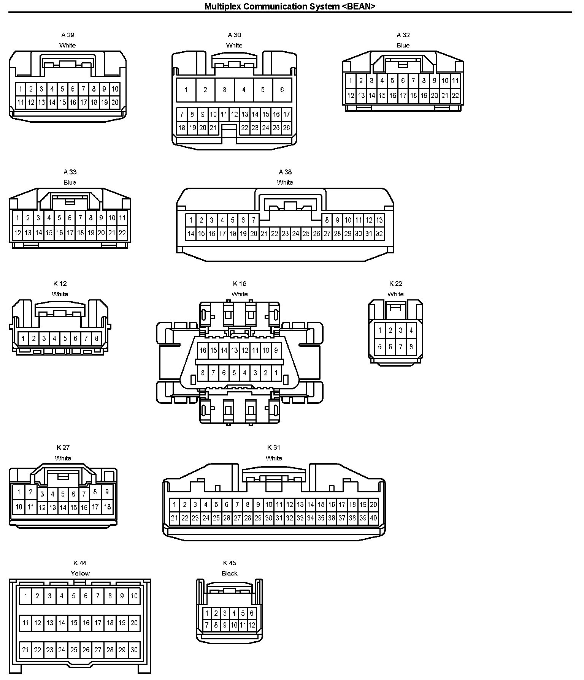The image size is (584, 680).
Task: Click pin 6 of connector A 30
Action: [x=282, y=90]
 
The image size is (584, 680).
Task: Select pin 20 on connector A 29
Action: [x=115, y=102]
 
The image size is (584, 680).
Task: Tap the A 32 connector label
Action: [x=403, y=35]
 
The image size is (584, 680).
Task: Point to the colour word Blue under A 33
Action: [x=70, y=182]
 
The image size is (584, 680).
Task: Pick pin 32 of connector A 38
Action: [x=379, y=234]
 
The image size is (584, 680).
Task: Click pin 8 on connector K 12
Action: [x=97, y=338]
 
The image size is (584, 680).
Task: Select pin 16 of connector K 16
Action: [x=203, y=350]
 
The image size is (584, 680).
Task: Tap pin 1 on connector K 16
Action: [x=276, y=373]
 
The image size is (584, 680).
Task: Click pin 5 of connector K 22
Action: [x=380, y=346]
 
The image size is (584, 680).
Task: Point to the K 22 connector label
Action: [x=395, y=284]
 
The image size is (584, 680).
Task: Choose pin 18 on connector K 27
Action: [x=107, y=507]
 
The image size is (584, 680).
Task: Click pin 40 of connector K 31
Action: [x=373, y=518]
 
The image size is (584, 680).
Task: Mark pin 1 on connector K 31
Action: [x=175, y=505]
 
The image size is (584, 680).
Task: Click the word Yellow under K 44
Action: [x=80, y=573]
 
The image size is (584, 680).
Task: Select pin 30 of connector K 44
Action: [x=134, y=650]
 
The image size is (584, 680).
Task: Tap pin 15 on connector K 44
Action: [x=74, y=623]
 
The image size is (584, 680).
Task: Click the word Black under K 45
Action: [x=229, y=573]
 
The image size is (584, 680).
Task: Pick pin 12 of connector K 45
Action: [x=252, y=625]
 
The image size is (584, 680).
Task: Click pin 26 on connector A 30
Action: [x=286, y=128]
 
